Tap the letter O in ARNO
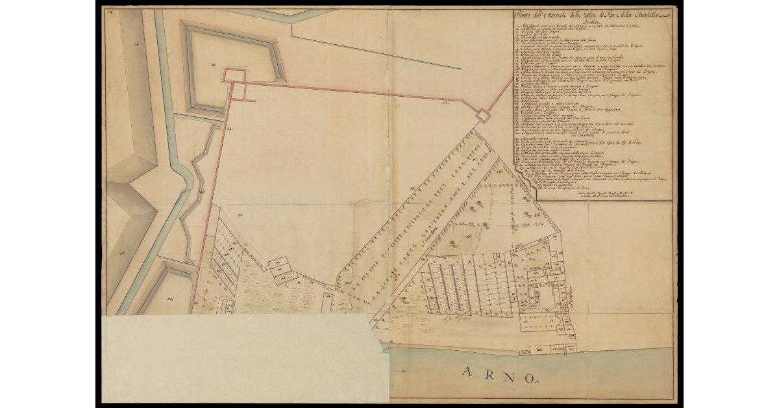529,377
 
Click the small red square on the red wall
482,116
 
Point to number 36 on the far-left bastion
137,45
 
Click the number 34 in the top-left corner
111,11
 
